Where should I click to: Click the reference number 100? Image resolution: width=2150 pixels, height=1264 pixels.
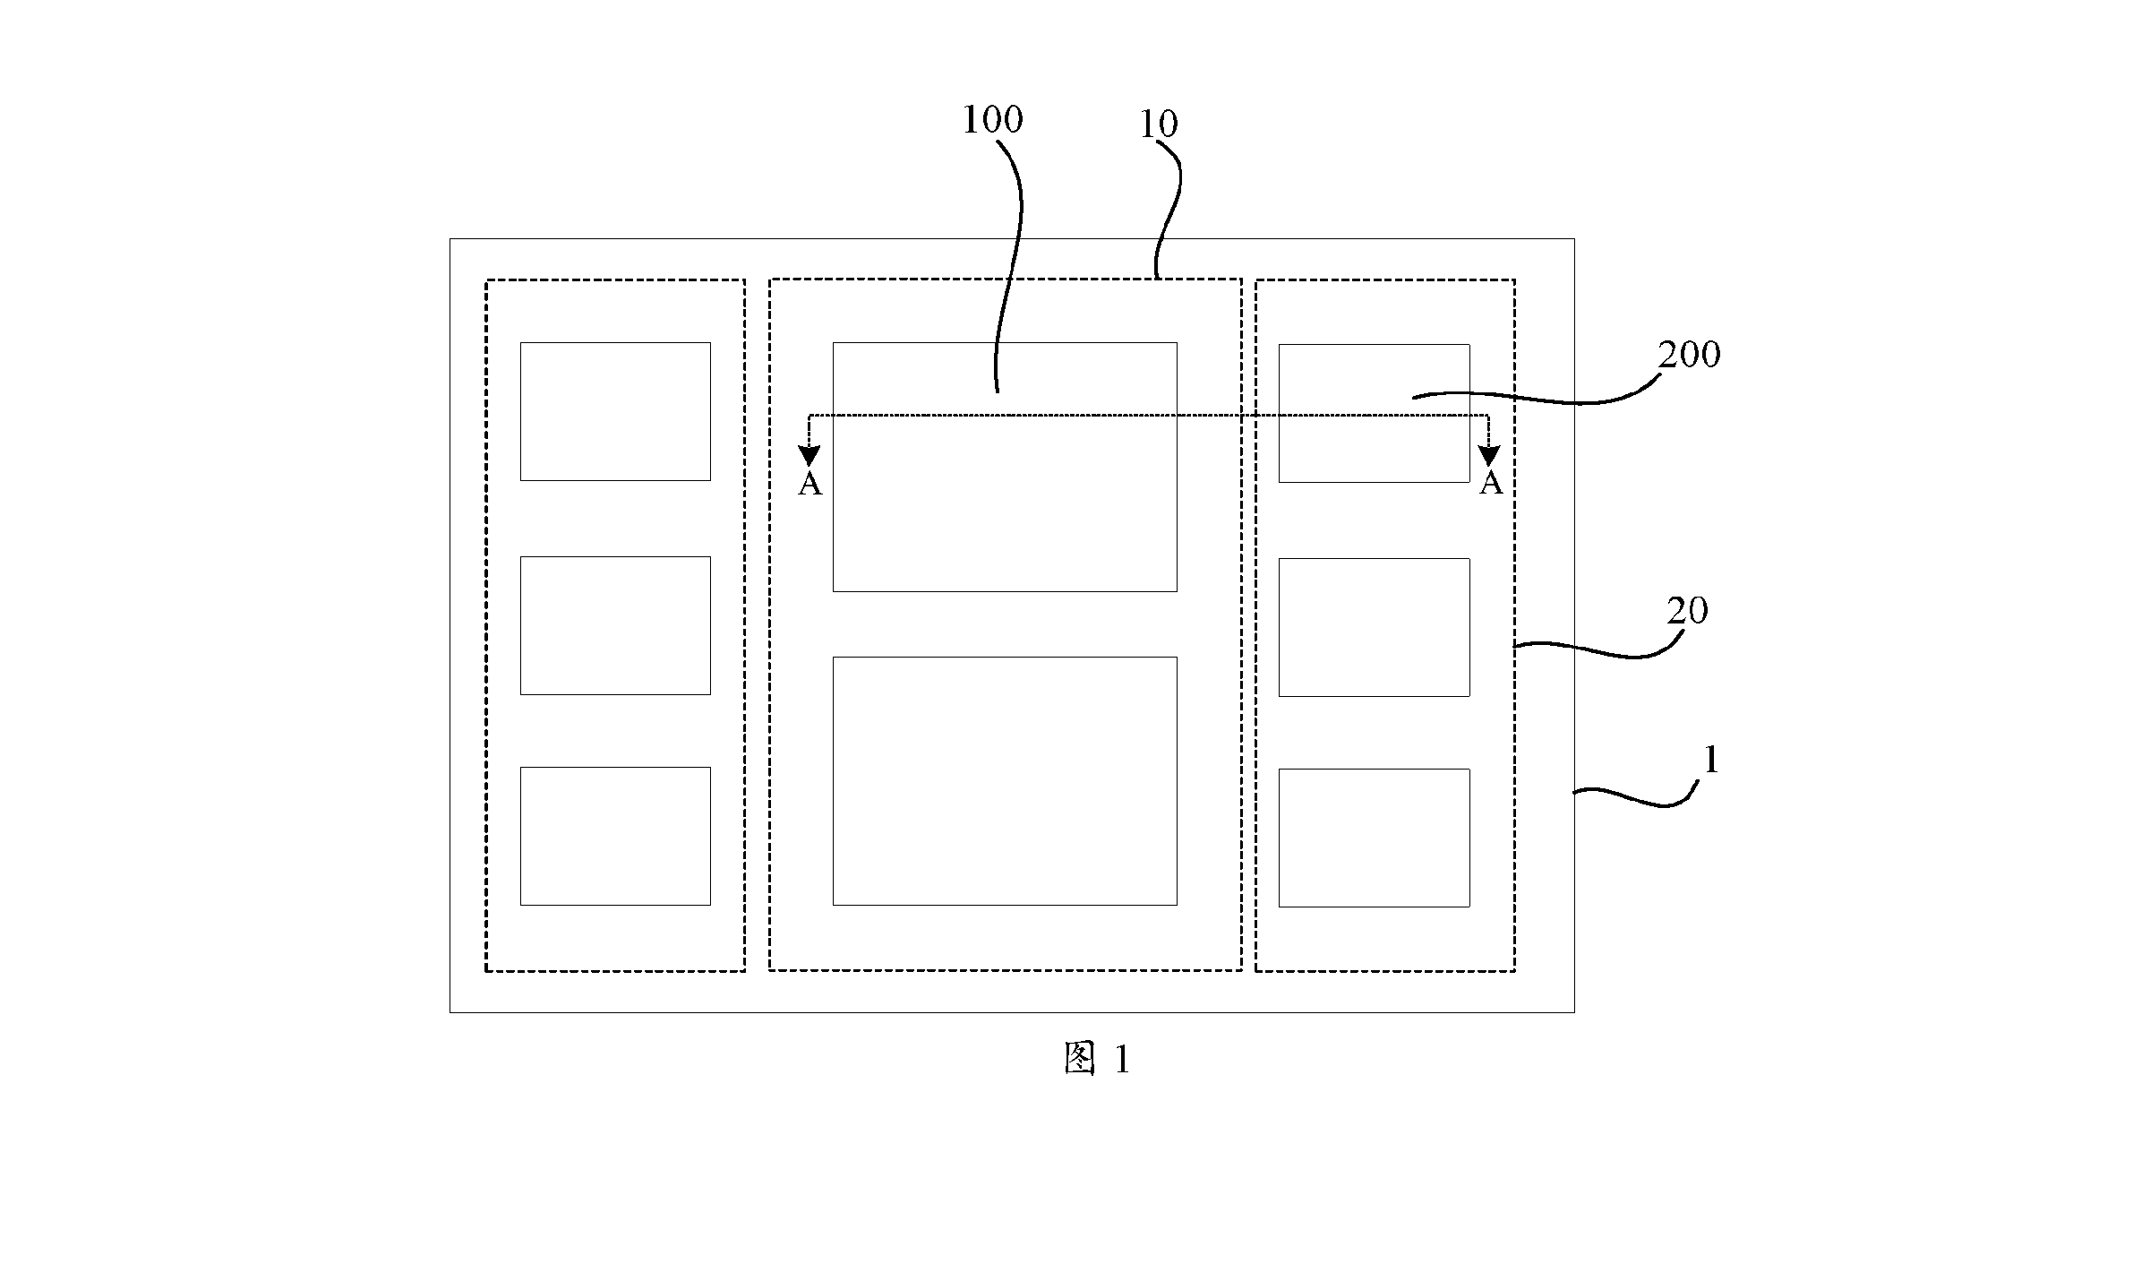pos(992,119)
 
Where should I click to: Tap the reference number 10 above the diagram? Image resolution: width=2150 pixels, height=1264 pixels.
pos(1158,125)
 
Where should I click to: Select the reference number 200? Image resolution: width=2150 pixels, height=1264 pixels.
pos(1689,355)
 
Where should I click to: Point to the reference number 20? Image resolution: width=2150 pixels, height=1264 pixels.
pos(1687,611)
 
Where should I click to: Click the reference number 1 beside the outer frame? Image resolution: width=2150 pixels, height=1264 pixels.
pos(1710,761)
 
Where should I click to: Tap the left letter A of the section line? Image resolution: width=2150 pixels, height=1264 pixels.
pos(809,485)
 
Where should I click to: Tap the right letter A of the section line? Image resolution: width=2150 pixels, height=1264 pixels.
pos(1490,484)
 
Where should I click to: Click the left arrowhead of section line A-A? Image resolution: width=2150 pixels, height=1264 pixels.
pos(809,456)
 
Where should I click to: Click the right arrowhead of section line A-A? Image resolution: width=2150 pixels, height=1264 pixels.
pos(1489,456)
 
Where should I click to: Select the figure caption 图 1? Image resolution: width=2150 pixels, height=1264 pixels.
pos(1097,1059)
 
